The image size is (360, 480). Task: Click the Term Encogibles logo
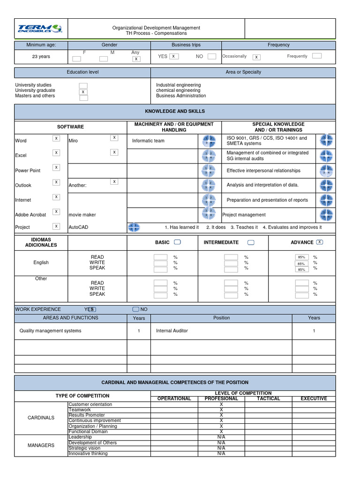click(x=41, y=29)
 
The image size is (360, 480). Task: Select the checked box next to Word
click(x=56, y=138)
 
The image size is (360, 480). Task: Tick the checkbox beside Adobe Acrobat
click(x=56, y=212)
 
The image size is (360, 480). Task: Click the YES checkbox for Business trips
click(x=174, y=56)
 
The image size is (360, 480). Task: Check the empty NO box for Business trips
click(x=212, y=56)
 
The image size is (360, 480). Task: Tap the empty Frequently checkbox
click(x=317, y=56)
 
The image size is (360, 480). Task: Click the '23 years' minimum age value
click(x=41, y=57)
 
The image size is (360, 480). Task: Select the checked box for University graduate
click(x=83, y=92)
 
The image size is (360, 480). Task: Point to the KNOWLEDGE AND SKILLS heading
click(x=175, y=112)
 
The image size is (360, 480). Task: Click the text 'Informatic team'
click(x=148, y=141)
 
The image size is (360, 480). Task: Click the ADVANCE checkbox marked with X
click(x=320, y=242)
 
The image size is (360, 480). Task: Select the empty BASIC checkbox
click(x=178, y=242)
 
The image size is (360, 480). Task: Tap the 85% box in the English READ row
click(x=301, y=257)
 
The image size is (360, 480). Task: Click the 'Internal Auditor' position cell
click(x=172, y=331)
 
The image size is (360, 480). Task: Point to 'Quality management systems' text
click(x=50, y=331)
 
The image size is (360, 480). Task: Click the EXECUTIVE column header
click(x=314, y=399)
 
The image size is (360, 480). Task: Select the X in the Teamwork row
click(x=221, y=410)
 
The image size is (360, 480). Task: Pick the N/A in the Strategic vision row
click(x=221, y=448)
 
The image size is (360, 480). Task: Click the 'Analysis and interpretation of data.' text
click(x=262, y=185)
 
